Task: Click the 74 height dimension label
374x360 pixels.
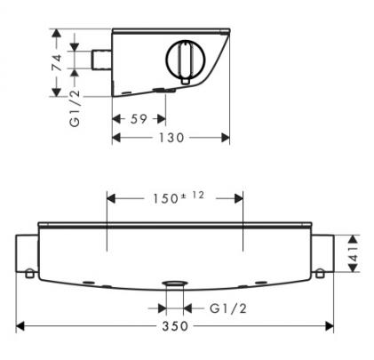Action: (57, 62)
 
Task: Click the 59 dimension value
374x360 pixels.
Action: (139, 119)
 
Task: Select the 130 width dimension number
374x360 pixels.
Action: (171, 138)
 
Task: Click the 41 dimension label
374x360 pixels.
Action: (354, 253)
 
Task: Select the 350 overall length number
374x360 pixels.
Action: (175, 326)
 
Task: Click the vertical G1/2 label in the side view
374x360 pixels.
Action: (75, 108)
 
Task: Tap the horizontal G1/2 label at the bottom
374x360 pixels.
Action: (228, 308)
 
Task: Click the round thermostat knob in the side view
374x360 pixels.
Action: (186, 60)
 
